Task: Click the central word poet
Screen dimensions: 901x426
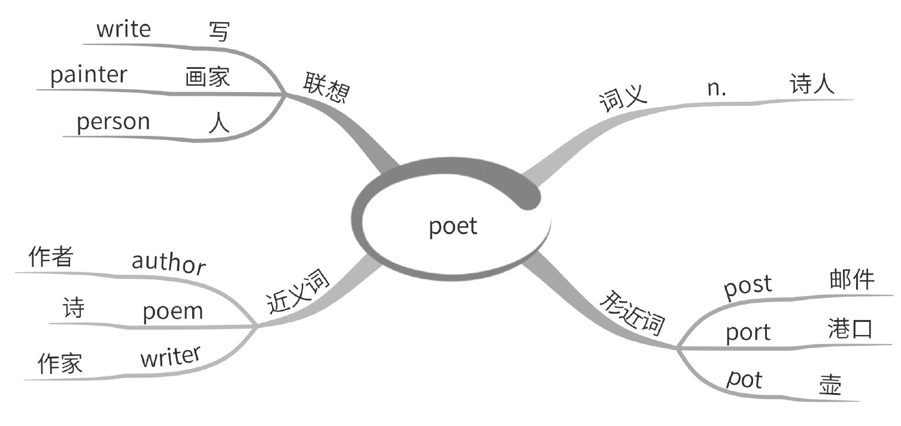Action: tap(453, 227)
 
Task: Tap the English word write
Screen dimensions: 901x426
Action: tap(123, 29)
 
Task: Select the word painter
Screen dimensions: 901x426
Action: tap(89, 75)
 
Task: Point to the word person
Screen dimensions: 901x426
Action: tap(113, 121)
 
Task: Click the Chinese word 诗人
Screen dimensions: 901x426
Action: tap(812, 85)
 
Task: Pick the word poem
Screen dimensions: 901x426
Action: tap(173, 312)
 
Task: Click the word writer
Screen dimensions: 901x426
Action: tap(169, 357)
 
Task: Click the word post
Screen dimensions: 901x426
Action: tap(748, 286)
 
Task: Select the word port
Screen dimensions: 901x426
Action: tap(748, 333)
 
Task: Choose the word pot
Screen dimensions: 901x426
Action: tap(744, 379)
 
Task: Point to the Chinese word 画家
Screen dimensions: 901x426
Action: tap(208, 77)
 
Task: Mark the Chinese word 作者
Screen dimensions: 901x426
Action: tap(51, 258)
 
